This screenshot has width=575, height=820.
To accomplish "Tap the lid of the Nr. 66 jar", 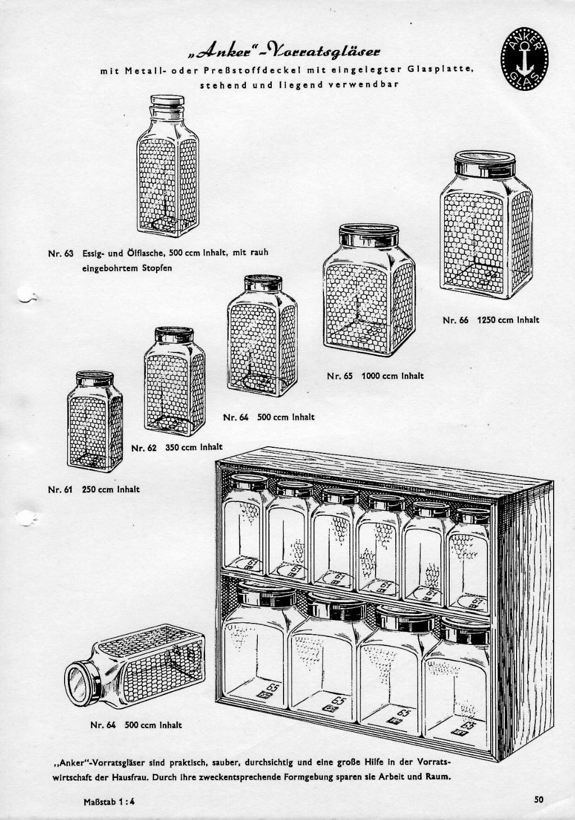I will pos(485,163).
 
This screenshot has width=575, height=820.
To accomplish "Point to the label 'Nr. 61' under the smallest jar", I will pos(61,489).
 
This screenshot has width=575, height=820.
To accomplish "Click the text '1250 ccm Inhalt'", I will pos(508,320).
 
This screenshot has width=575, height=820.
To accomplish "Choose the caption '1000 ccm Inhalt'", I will pos(393,376).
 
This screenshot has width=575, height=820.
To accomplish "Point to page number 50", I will pos(540,799).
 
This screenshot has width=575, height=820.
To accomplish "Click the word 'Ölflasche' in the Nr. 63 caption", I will pos(131,253).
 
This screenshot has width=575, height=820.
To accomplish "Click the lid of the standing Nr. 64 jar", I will pos(263,282).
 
